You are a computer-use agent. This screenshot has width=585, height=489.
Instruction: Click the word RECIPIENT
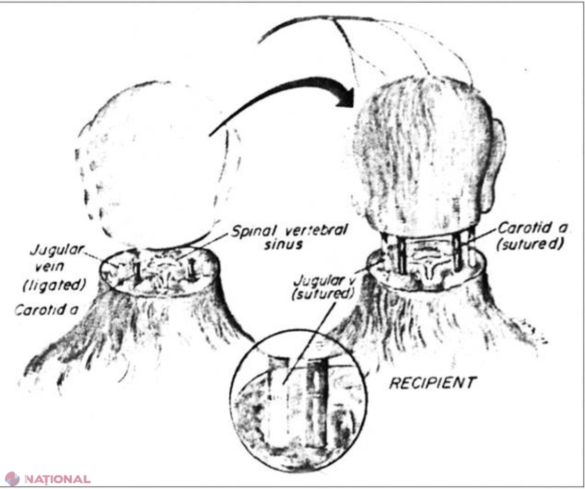click(433, 383)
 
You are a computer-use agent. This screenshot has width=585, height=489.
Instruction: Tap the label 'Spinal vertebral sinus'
click(289, 237)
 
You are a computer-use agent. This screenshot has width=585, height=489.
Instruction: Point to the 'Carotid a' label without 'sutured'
click(46, 310)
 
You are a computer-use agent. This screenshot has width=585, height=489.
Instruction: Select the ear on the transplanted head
click(496, 165)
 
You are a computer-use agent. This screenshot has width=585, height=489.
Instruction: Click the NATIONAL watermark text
click(58, 479)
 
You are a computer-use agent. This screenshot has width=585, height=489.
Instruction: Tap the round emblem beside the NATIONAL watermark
click(12, 479)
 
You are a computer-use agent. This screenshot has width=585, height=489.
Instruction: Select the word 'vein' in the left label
click(49, 267)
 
